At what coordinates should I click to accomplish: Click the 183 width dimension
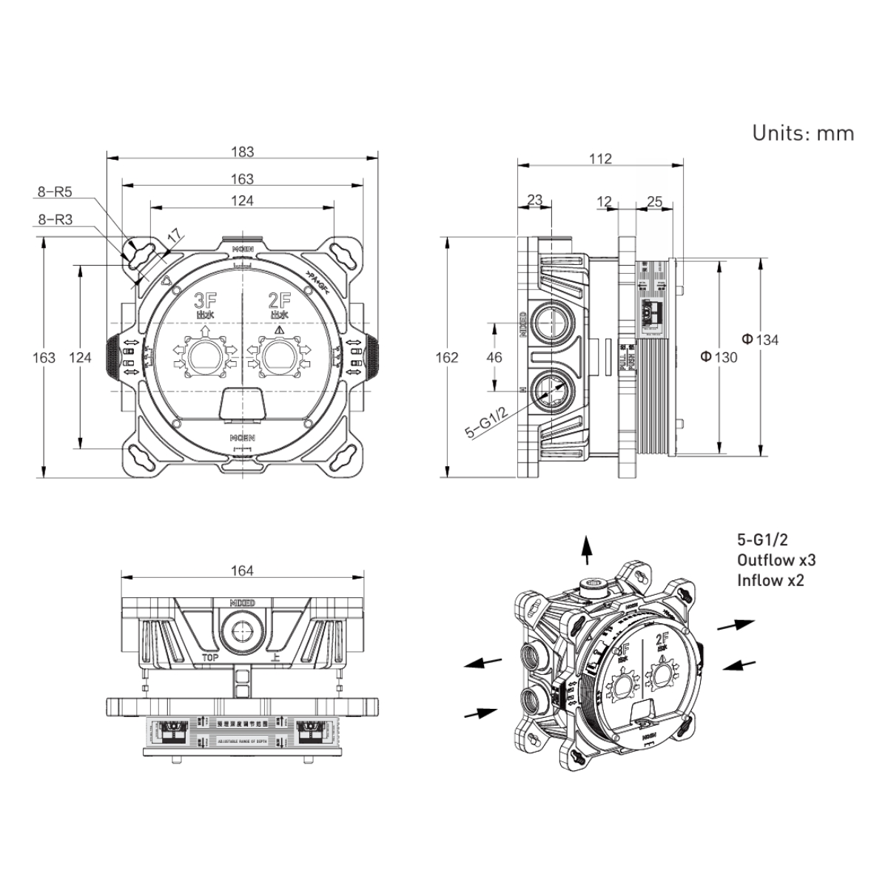pyautogui.click(x=242, y=152)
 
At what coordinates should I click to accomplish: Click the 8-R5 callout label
pyautogui.click(x=55, y=192)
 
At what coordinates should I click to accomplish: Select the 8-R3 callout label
pyautogui.click(x=55, y=220)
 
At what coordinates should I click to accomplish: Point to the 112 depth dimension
pyautogui.click(x=601, y=158)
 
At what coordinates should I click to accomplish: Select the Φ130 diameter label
pyautogui.click(x=719, y=357)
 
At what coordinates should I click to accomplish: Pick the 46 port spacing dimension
pyautogui.click(x=494, y=357)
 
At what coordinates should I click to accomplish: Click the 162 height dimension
pyautogui.click(x=448, y=357)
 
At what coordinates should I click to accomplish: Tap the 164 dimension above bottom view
pyautogui.click(x=242, y=571)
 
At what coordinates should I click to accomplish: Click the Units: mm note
pyautogui.click(x=803, y=133)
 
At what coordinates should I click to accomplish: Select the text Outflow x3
pyautogui.click(x=776, y=560)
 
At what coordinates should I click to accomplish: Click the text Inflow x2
pyautogui.click(x=770, y=581)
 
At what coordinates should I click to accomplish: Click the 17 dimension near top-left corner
pyautogui.click(x=174, y=238)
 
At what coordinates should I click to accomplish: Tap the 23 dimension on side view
pyautogui.click(x=534, y=201)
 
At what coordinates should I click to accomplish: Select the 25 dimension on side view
pyautogui.click(x=654, y=201)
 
